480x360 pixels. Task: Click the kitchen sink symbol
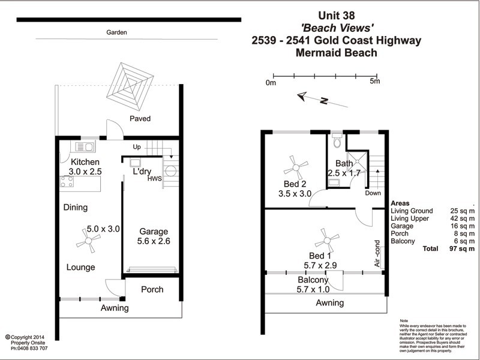click(83, 146)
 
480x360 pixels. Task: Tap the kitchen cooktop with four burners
click(67, 182)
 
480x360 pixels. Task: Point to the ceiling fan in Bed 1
click(327, 241)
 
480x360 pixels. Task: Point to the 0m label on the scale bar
click(271, 83)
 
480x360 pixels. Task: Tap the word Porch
click(152, 290)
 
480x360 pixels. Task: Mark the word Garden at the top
click(117, 33)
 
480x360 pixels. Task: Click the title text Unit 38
click(337, 17)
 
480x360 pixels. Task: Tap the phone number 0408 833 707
click(31, 348)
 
